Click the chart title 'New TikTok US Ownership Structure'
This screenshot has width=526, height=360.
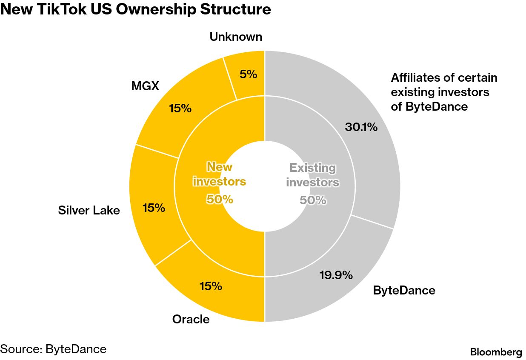click(135, 9)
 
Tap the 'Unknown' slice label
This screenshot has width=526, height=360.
click(236, 37)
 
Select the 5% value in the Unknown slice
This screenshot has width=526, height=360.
click(248, 74)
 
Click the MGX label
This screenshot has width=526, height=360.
click(145, 86)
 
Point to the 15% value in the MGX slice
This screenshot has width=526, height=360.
click(180, 109)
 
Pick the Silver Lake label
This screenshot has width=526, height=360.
click(89, 210)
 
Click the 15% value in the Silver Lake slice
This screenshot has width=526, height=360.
click(154, 208)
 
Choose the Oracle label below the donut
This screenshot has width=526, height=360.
click(191, 319)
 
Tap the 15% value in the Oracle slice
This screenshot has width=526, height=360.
click(211, 286)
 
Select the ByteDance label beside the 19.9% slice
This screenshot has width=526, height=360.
click(404, 291)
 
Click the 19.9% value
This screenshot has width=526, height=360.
click(336, 275)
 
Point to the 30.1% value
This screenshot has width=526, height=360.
click(361, 127)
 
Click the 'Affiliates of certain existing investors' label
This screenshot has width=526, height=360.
click(444, 92)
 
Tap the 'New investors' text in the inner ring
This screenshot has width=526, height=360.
click(219, 174)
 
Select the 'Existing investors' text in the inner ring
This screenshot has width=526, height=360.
click(312, 175)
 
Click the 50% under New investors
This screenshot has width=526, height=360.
click(220, 199)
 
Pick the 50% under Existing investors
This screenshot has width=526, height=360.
click(313, 200)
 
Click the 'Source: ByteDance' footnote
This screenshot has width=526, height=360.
click(53, 349)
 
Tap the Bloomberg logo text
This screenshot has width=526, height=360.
click(496, 352)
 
